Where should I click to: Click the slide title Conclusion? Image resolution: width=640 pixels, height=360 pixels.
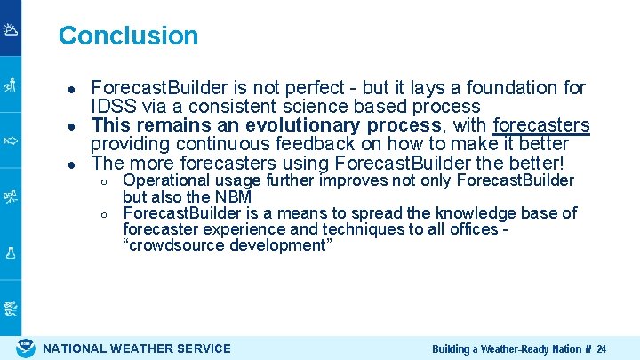(x=128, y=36)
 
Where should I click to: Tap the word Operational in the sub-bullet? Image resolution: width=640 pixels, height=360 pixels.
(x=165, y=181)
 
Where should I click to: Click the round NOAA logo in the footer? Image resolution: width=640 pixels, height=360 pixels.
(x=27, y=348)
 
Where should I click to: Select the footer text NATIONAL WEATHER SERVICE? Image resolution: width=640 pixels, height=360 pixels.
(x=137, y=348)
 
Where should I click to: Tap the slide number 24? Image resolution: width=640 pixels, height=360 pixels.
(x=602, y=349)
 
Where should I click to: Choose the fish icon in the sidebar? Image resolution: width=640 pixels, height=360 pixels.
(x=11, y=140)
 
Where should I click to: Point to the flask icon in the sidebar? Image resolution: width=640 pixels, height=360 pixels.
(x=11, y=252)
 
